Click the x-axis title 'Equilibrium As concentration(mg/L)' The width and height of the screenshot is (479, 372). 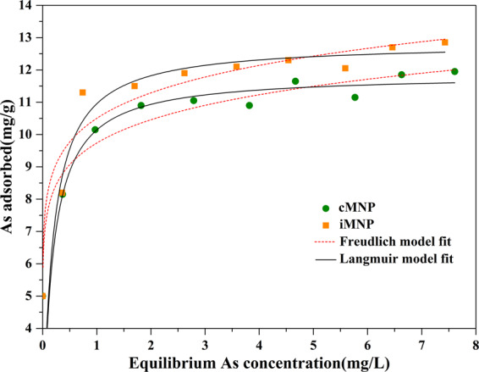(259, 363)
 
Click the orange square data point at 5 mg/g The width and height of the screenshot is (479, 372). (43, 296)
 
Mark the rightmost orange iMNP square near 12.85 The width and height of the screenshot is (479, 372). (444, 42)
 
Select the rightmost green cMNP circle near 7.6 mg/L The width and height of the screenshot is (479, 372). (454, 71)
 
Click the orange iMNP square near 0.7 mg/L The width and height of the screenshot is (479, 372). (82, 92)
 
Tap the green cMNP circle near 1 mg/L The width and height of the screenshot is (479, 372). (95, 130)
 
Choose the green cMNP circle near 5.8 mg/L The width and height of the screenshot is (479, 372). (355, 97)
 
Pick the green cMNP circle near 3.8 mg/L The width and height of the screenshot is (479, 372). (249, 105)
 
